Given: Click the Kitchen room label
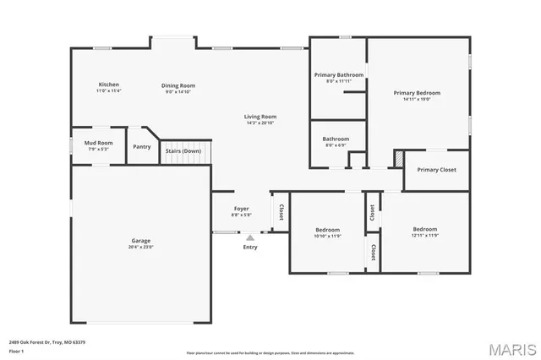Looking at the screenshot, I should point(109,85).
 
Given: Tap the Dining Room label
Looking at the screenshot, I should point(179,85).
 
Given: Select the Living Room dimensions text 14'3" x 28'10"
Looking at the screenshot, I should point(261,123).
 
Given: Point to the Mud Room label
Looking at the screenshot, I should point(98,143).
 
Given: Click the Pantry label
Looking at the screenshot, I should point(142,147).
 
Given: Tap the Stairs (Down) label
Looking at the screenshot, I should point(183,151).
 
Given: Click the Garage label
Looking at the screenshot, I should point(141,240).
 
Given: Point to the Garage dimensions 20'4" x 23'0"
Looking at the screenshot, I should point(141,247).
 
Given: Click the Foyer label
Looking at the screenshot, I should point(242,208).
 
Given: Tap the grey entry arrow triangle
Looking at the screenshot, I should point(250,237).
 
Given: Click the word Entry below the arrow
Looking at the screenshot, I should point(250,247).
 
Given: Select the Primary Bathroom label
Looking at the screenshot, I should point(338,75).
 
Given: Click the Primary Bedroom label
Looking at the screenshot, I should point(417,92).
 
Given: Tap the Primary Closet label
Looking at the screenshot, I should point(436,170).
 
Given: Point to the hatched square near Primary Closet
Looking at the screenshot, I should point(398,158).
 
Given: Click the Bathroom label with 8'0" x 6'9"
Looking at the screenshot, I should point(336,139).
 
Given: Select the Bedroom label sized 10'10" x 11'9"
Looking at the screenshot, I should point(328,230).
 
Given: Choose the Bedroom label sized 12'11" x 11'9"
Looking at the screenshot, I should point(425,229).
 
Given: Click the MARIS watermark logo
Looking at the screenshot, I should point(506,348).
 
